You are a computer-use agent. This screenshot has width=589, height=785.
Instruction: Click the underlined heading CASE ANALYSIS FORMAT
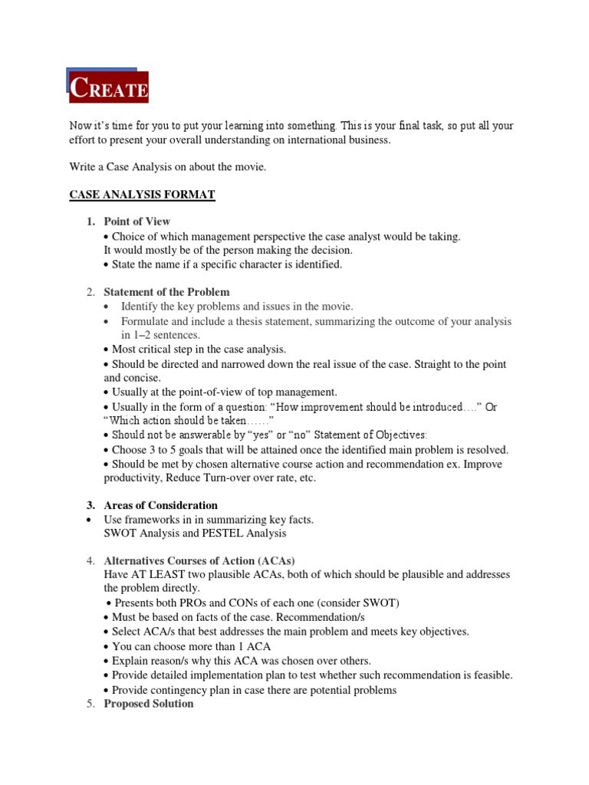tap(142, 195)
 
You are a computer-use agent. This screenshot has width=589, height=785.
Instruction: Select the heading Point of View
tap(137, 222)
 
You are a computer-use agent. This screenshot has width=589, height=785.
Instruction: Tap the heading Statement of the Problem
tap(166, 292)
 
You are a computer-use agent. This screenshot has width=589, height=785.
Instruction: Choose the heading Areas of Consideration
tap(160, 505)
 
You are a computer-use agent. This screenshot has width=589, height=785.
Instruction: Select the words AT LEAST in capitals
tap(153, 574)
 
